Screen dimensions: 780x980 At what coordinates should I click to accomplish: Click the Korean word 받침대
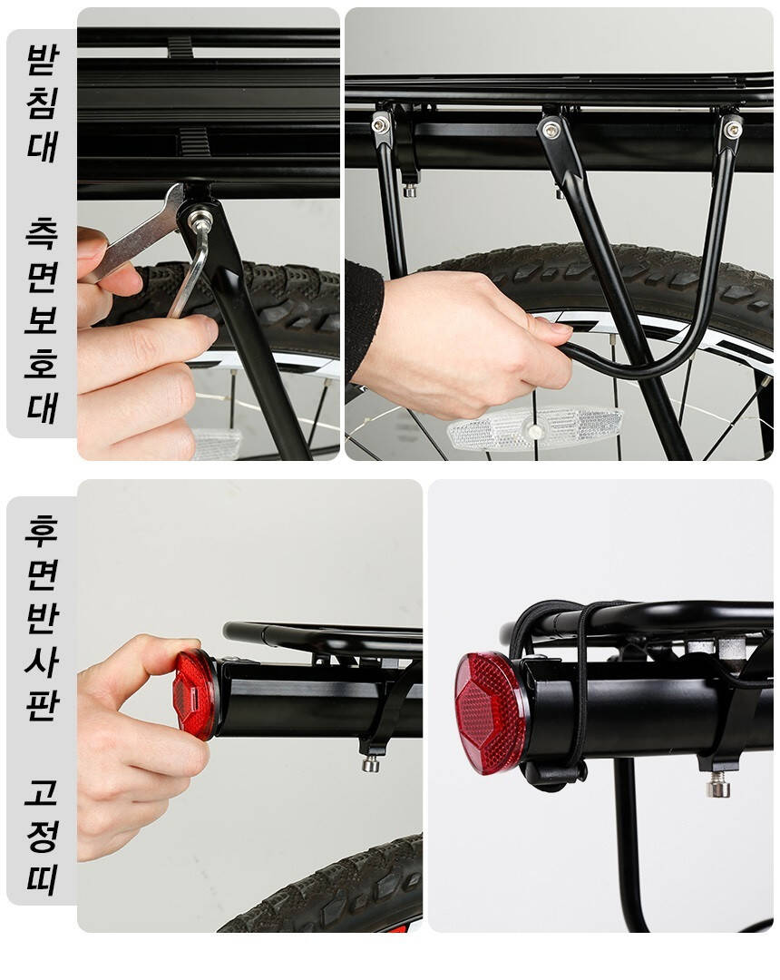[x=43, y=103]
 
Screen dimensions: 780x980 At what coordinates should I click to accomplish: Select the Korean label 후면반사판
[x=43, y=618]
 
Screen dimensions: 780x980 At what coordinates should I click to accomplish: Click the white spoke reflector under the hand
[x=534, y=428]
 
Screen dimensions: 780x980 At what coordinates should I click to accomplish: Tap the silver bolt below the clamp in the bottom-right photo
[x=718, y=784]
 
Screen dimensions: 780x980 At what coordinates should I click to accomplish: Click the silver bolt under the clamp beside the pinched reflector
[x=371, y=763]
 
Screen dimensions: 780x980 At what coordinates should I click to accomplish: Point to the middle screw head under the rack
[x=551, y=130]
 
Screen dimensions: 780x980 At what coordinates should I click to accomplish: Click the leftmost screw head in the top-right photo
[x=380, y=125]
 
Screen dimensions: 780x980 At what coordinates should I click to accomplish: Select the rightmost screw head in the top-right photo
[x=732, y=130]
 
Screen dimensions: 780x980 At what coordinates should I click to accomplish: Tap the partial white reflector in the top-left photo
[x=216, y=443]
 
